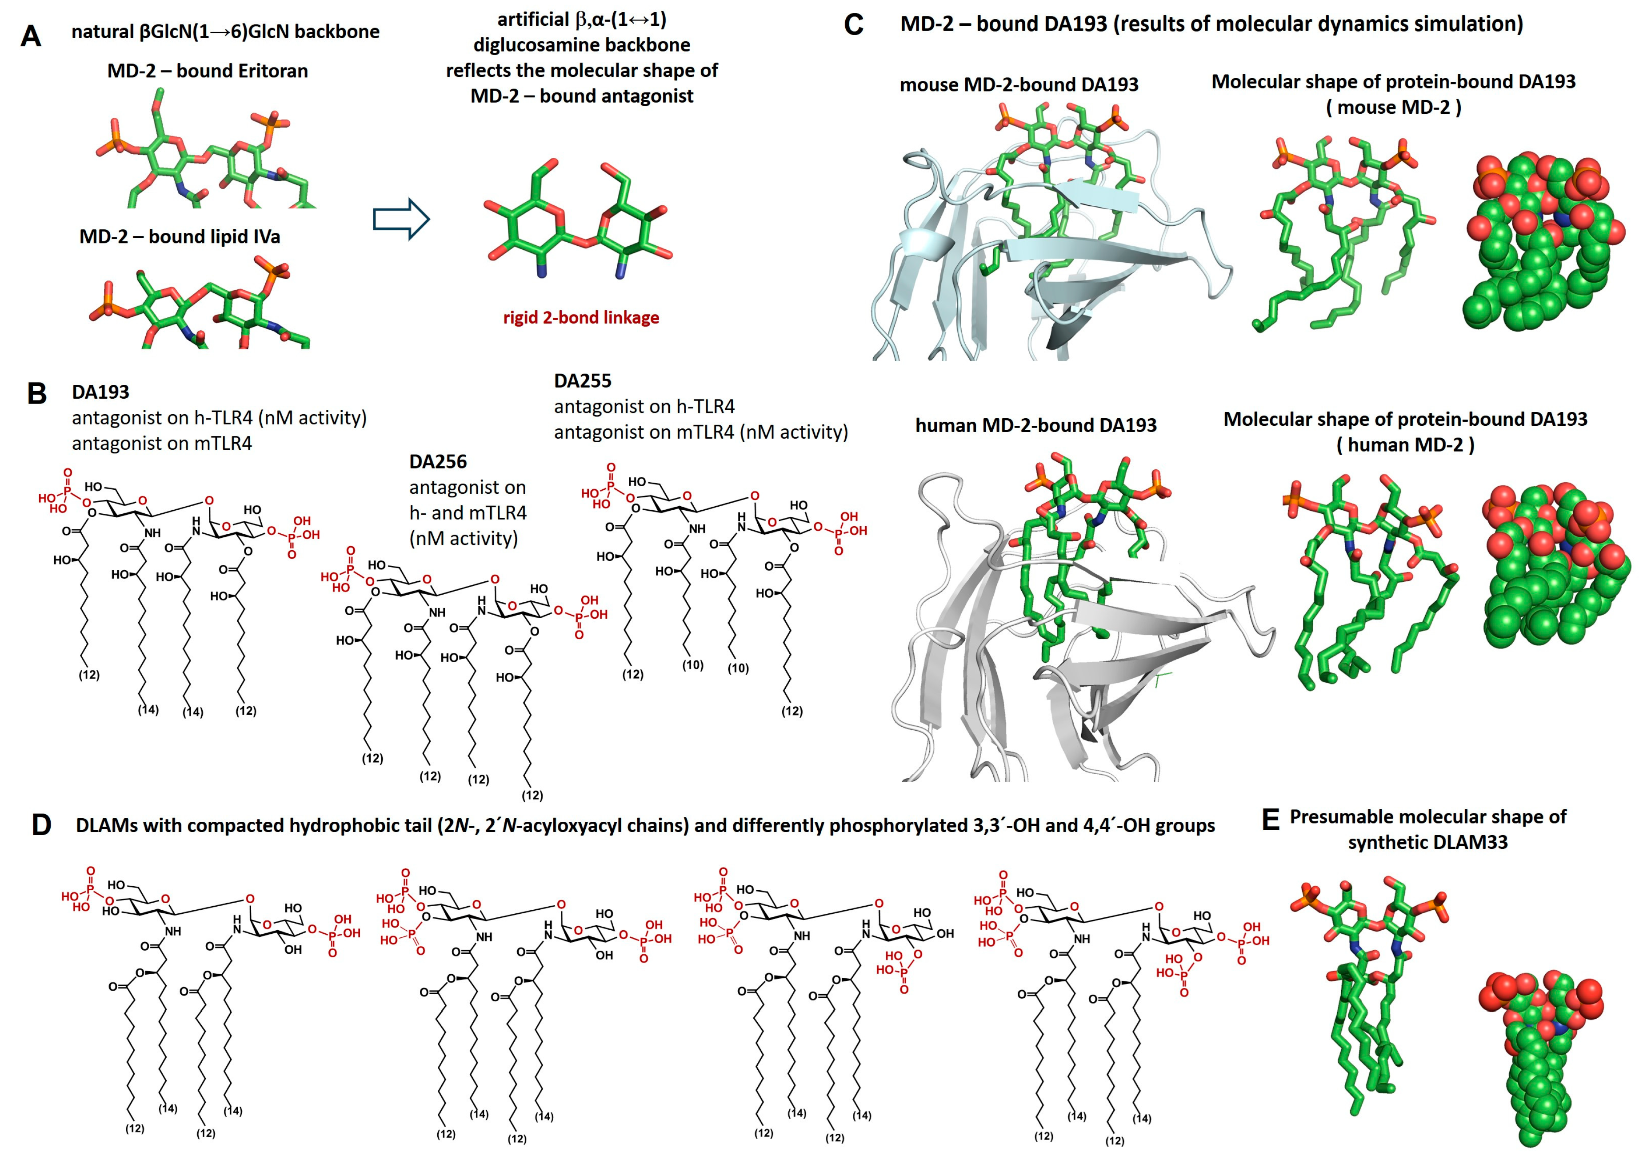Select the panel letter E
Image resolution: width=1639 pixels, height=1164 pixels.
(x=1270, y=819)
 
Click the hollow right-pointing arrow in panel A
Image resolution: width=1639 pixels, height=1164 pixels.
(x=401, y=219)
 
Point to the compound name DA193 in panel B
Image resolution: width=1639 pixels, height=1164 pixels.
(x=100, y=392)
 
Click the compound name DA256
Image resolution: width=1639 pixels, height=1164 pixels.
(x=438, y=462)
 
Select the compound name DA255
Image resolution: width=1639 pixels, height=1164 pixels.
(x=583, y=380)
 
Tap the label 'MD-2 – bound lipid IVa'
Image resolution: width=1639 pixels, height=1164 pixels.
(x=179, y=236)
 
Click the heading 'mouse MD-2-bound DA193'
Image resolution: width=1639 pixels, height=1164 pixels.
(x=1018, y=84)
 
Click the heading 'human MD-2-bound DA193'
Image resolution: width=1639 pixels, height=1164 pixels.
(x=1035, y=426)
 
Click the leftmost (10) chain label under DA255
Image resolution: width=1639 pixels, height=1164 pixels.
(x=692, y=665)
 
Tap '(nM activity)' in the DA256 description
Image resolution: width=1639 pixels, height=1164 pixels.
(x=463, y=538)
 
